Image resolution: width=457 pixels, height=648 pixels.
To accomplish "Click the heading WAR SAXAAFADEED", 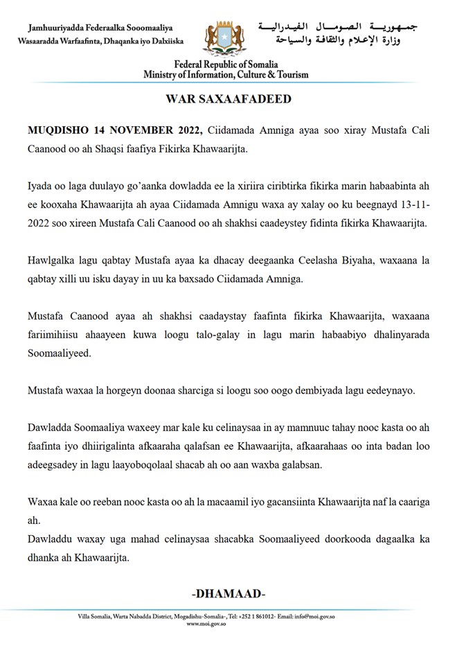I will coord(228,98).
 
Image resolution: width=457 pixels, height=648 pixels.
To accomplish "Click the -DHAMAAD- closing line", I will coord(228,594).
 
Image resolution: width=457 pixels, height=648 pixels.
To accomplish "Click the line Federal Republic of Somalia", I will coord(226,65).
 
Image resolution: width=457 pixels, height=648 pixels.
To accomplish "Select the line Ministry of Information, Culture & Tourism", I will coord(226,75).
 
